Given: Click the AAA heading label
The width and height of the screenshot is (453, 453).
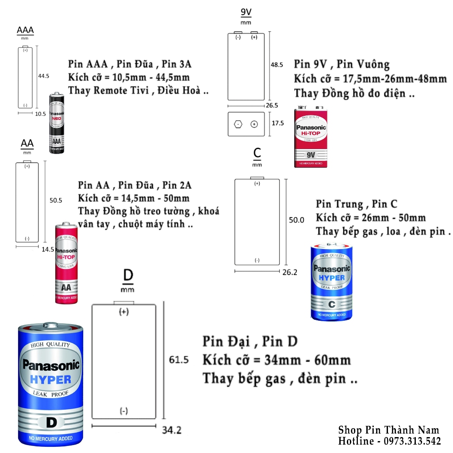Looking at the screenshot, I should click(x=25, y=31).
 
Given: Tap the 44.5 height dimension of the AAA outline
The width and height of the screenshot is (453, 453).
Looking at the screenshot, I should click(x=43, y=76).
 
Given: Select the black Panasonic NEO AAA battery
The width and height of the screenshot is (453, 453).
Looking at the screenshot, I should click(x=57, y=123).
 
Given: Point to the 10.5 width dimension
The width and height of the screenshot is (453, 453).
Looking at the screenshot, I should click(x=40, y=114).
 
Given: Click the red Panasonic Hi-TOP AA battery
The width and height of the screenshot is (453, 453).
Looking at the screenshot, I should click(x=66, y=264).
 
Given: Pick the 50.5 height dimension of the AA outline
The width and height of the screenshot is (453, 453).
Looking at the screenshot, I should click(x=56, y=200).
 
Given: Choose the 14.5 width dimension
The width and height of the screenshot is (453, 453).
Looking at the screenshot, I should click(x=47, y=249).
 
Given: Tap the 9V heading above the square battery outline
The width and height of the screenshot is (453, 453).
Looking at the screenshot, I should click(x=246, y=12).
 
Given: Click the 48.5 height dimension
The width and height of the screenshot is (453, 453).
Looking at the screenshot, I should click(x=277, y=65).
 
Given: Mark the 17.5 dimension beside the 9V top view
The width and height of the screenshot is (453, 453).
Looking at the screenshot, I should click(x=278, y=123).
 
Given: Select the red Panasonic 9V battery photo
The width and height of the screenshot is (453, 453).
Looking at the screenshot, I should click(x=311, y=137).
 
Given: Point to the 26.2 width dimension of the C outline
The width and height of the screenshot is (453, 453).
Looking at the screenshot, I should click(x=289, y=273).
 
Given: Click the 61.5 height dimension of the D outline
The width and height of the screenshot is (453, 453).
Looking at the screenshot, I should click(x=179, y=360).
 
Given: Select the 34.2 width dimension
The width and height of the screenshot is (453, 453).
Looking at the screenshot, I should click(x=171, y=430).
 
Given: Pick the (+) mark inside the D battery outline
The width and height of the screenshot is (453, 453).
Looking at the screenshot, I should click(x=124, y=312).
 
